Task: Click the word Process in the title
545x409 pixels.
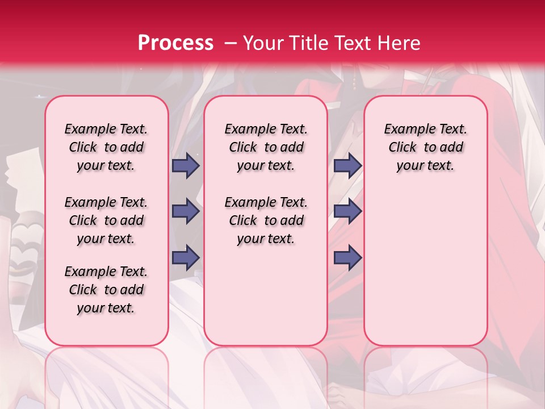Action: [x=175, y=43]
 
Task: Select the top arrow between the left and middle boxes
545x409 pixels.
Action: [x=186, y=165]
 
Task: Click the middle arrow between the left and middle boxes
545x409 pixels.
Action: [x=186, y=212]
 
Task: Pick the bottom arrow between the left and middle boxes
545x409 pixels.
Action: [x=186, y=257]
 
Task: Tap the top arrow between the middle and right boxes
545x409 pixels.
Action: [x=347, y=165]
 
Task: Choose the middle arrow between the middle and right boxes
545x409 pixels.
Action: [x=347, y=212]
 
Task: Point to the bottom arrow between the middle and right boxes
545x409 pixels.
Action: [x=347, y=257]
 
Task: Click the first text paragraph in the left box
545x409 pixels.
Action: [x=106, y=147]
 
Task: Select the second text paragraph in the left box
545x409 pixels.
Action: [x=106, y=220]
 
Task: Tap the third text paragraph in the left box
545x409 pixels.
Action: [x=106, y=290]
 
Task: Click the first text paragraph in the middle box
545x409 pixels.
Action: [x=266, y=147]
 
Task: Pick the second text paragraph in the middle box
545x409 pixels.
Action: [x=266, y=220]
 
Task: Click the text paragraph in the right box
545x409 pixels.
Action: [x=425, y=147]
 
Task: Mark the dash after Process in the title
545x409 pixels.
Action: [x=230, y=43]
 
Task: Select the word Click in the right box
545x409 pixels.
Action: [x=403, y=148]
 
